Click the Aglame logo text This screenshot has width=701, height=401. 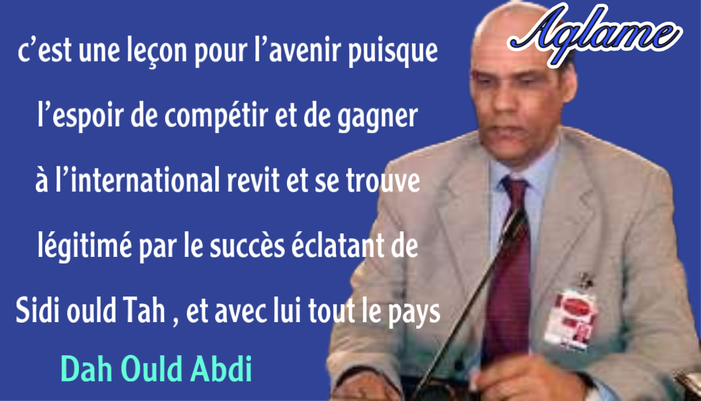click(594, 34)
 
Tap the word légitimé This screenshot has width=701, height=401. click(84, 246)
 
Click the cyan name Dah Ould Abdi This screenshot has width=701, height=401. click(156, 369)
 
